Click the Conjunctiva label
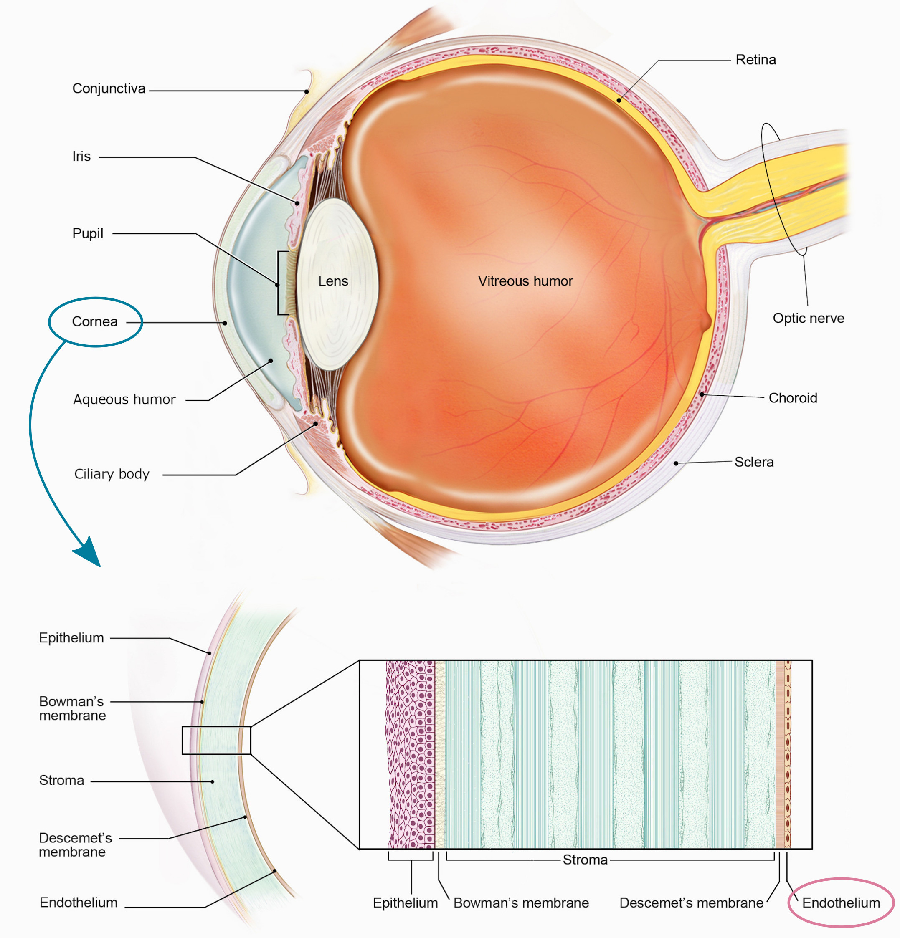click(x=109, y=88)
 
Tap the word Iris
click(x=81, y=157)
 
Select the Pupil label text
click(x=88, y=233)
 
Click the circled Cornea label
click(x=95, y=321)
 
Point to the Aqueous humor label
click(x=124, y=399)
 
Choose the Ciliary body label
click(x=112, y=474)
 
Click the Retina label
click(x=755, y=60)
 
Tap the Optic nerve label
click(x=808, y=318)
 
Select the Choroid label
click(x=792, y=398)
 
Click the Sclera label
click(x=753, y=462)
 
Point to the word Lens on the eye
click(x=333, y=281)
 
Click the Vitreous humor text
click(x=525, y=281)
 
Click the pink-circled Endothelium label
click(x=841, y=903)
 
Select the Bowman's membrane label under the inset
click(x=521, y=903)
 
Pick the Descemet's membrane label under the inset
click(x=691, y=903)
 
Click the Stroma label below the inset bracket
click(x=585, y=860)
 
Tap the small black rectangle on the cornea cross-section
click(x=216, y=741)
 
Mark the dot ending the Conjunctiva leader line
click(x=307, y=91)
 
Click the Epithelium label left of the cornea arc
click(x=71, y=638)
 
